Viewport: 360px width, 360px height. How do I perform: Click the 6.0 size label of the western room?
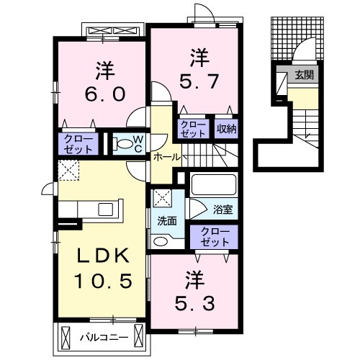(x=105, y=94)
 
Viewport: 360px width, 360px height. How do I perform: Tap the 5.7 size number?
(x=199, y=81)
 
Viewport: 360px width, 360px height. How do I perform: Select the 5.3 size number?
(x=194, y=303)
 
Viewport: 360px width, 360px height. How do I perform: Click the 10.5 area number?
(x=103, y=281)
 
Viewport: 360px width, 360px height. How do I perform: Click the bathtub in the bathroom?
(x=213, y=185)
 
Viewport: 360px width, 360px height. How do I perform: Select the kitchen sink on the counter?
(x=106, y=210)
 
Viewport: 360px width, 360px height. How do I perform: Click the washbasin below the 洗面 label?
(x=161, y=241)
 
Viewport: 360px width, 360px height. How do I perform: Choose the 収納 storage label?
(x=227, y=129)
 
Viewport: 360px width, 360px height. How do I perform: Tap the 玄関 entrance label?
(x=305, y=75)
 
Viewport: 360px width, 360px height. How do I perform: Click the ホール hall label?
(x=167, y=157)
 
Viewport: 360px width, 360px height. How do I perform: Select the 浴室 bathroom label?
(x=223, y=210)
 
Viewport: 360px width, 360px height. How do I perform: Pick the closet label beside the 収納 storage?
(x=193, y=129)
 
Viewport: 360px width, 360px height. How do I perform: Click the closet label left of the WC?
(x=78, y=144)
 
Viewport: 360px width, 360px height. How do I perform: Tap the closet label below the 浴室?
(x=215, y=237)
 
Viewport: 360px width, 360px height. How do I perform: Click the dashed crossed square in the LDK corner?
(x=69, y=170)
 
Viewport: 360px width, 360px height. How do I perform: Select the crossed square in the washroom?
(x=163, y=198)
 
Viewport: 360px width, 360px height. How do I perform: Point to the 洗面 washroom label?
(x=167, y=221)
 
